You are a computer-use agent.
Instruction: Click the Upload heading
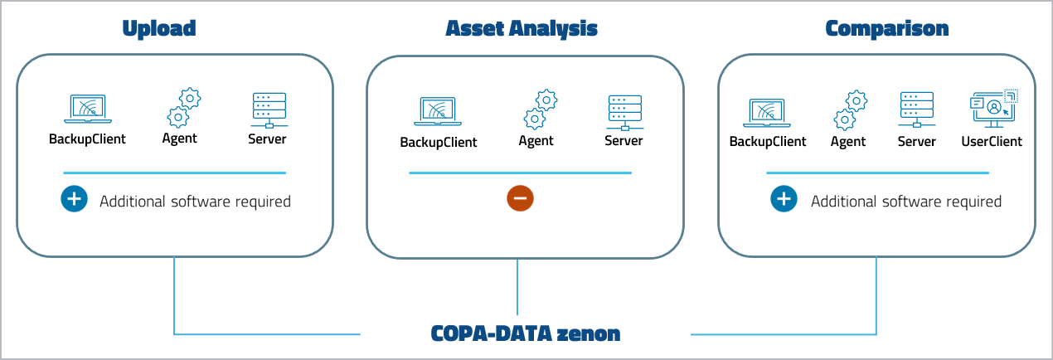pyautogui.click(x=158, y=28)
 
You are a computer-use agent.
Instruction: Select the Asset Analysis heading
pyautogui.click(x=522, y=28)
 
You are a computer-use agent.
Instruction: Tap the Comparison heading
pyautogui.click(x=886, y=28)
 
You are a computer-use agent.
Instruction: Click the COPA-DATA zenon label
pyautogui.click(x=526, y=333)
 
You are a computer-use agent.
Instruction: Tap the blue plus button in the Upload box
pyautogui.click(x=74, y=200)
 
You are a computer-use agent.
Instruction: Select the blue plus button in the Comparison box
pyautogui.click(x=784, y=200)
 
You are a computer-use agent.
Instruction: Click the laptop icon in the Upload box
pyautogui.click(x=87, y=109)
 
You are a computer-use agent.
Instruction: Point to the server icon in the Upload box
pyautogui.click(x=268, y=109)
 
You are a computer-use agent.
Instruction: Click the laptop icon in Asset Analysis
pyautogui.click(x=438, y=111)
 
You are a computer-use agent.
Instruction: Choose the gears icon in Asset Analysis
pyautogui.click(x=540, y=109)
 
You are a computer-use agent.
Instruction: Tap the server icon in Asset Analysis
pyautogui.click(x=624, y=111)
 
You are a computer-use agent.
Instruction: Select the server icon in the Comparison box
pyautogui.click(x=916, y=109)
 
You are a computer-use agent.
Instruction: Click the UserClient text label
pyautogui.click(x=992, y=142)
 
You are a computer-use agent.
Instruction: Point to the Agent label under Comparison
pyautogui.click(x=847, y=142)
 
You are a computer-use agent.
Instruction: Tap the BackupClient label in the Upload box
pyautogui.click(x=87, y=139)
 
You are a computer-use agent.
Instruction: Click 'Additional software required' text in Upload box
pyautogui.click(x=195, y=202)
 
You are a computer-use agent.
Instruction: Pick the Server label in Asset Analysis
pyautogui.click(x=624, y=141)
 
